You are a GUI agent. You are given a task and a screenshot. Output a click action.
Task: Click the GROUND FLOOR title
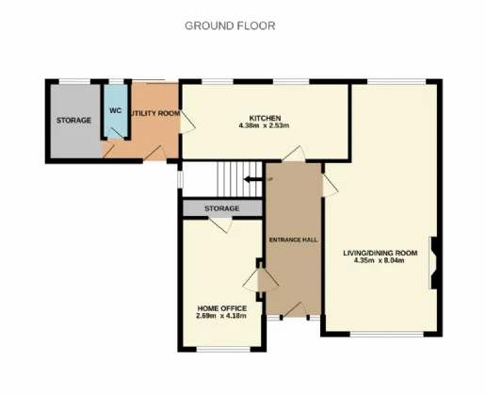point(230,26)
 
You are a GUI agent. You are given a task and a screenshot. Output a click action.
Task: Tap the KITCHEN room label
point(263,117)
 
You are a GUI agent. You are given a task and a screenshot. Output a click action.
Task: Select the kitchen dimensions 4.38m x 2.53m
point(263,125)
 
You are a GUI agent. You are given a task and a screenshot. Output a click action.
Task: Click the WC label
point(115,110)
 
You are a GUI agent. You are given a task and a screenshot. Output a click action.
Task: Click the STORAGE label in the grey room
point(73,121)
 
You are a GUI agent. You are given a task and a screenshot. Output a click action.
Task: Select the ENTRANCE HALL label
point(293,240)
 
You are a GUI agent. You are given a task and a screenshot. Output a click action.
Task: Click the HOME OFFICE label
point(221,308)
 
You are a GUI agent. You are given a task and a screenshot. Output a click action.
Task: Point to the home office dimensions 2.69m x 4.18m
point(221,316)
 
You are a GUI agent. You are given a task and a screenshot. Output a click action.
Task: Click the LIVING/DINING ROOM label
point(380,253)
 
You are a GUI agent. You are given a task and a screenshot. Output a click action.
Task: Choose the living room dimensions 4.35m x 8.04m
point(380,261)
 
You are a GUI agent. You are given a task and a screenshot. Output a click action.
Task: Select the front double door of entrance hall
point(293,312)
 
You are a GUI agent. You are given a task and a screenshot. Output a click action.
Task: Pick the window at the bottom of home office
point(216,352)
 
